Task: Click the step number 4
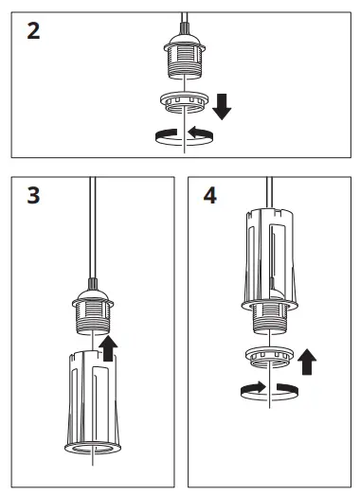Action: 210,197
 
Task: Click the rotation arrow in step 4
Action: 271,389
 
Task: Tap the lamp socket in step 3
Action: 92,312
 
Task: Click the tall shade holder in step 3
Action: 92,398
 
